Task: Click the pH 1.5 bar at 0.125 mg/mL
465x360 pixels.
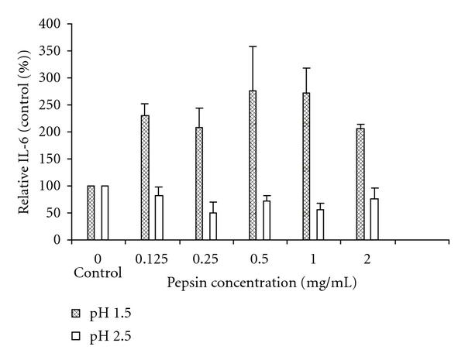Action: click(145, 178)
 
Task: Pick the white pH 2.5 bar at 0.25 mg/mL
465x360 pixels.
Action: click(213, 226)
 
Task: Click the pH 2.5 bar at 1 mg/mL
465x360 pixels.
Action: click(320, 225)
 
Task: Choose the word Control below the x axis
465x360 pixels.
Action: click(98, 273)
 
